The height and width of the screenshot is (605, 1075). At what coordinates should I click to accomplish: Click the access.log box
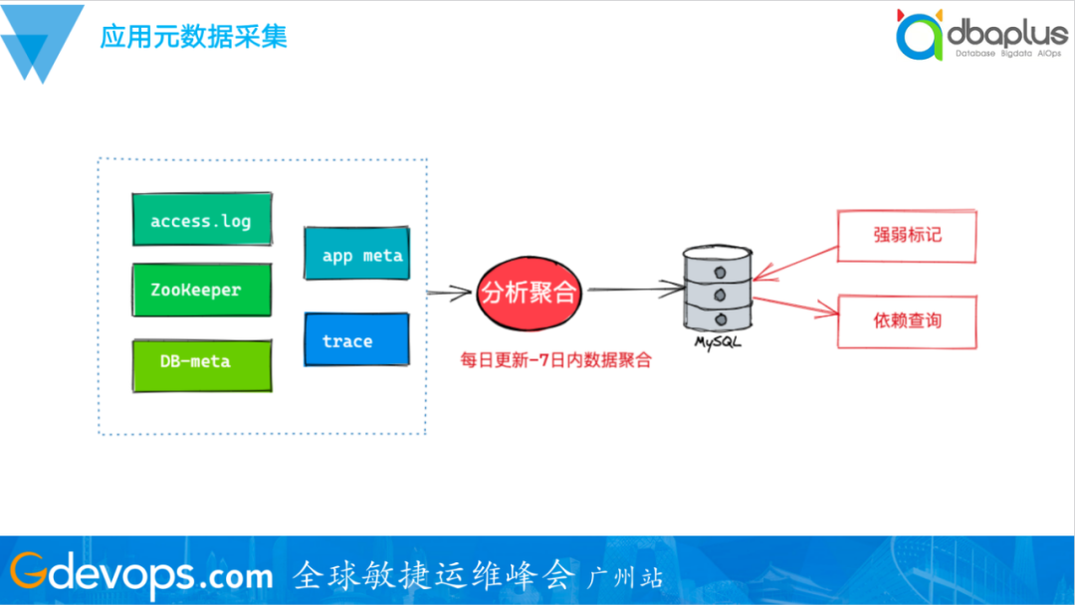pyautogui.click(x=201, y=220)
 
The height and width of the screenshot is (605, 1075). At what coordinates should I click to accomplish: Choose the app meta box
pyautogui.click(x=356, y=256)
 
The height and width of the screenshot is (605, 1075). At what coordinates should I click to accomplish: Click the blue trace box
pyautogui.click(x=356, y=340)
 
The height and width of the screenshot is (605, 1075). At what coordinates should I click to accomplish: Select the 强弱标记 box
pyautogui.click(x=907, y=237)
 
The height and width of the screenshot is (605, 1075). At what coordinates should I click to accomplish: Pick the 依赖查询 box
pyautogui.click(x=907, y=320)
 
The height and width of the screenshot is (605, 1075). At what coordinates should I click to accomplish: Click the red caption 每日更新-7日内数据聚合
pyautogui.click(x=555, y=360)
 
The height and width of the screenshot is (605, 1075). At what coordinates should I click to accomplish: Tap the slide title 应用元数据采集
pyautogui.click(x=193, y=37)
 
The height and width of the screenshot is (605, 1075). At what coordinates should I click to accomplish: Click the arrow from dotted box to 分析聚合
pyautogui.click(x=449, y=293)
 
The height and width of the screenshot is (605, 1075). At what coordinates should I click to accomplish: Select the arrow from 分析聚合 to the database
pyautogui.click(x=633, y=291)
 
